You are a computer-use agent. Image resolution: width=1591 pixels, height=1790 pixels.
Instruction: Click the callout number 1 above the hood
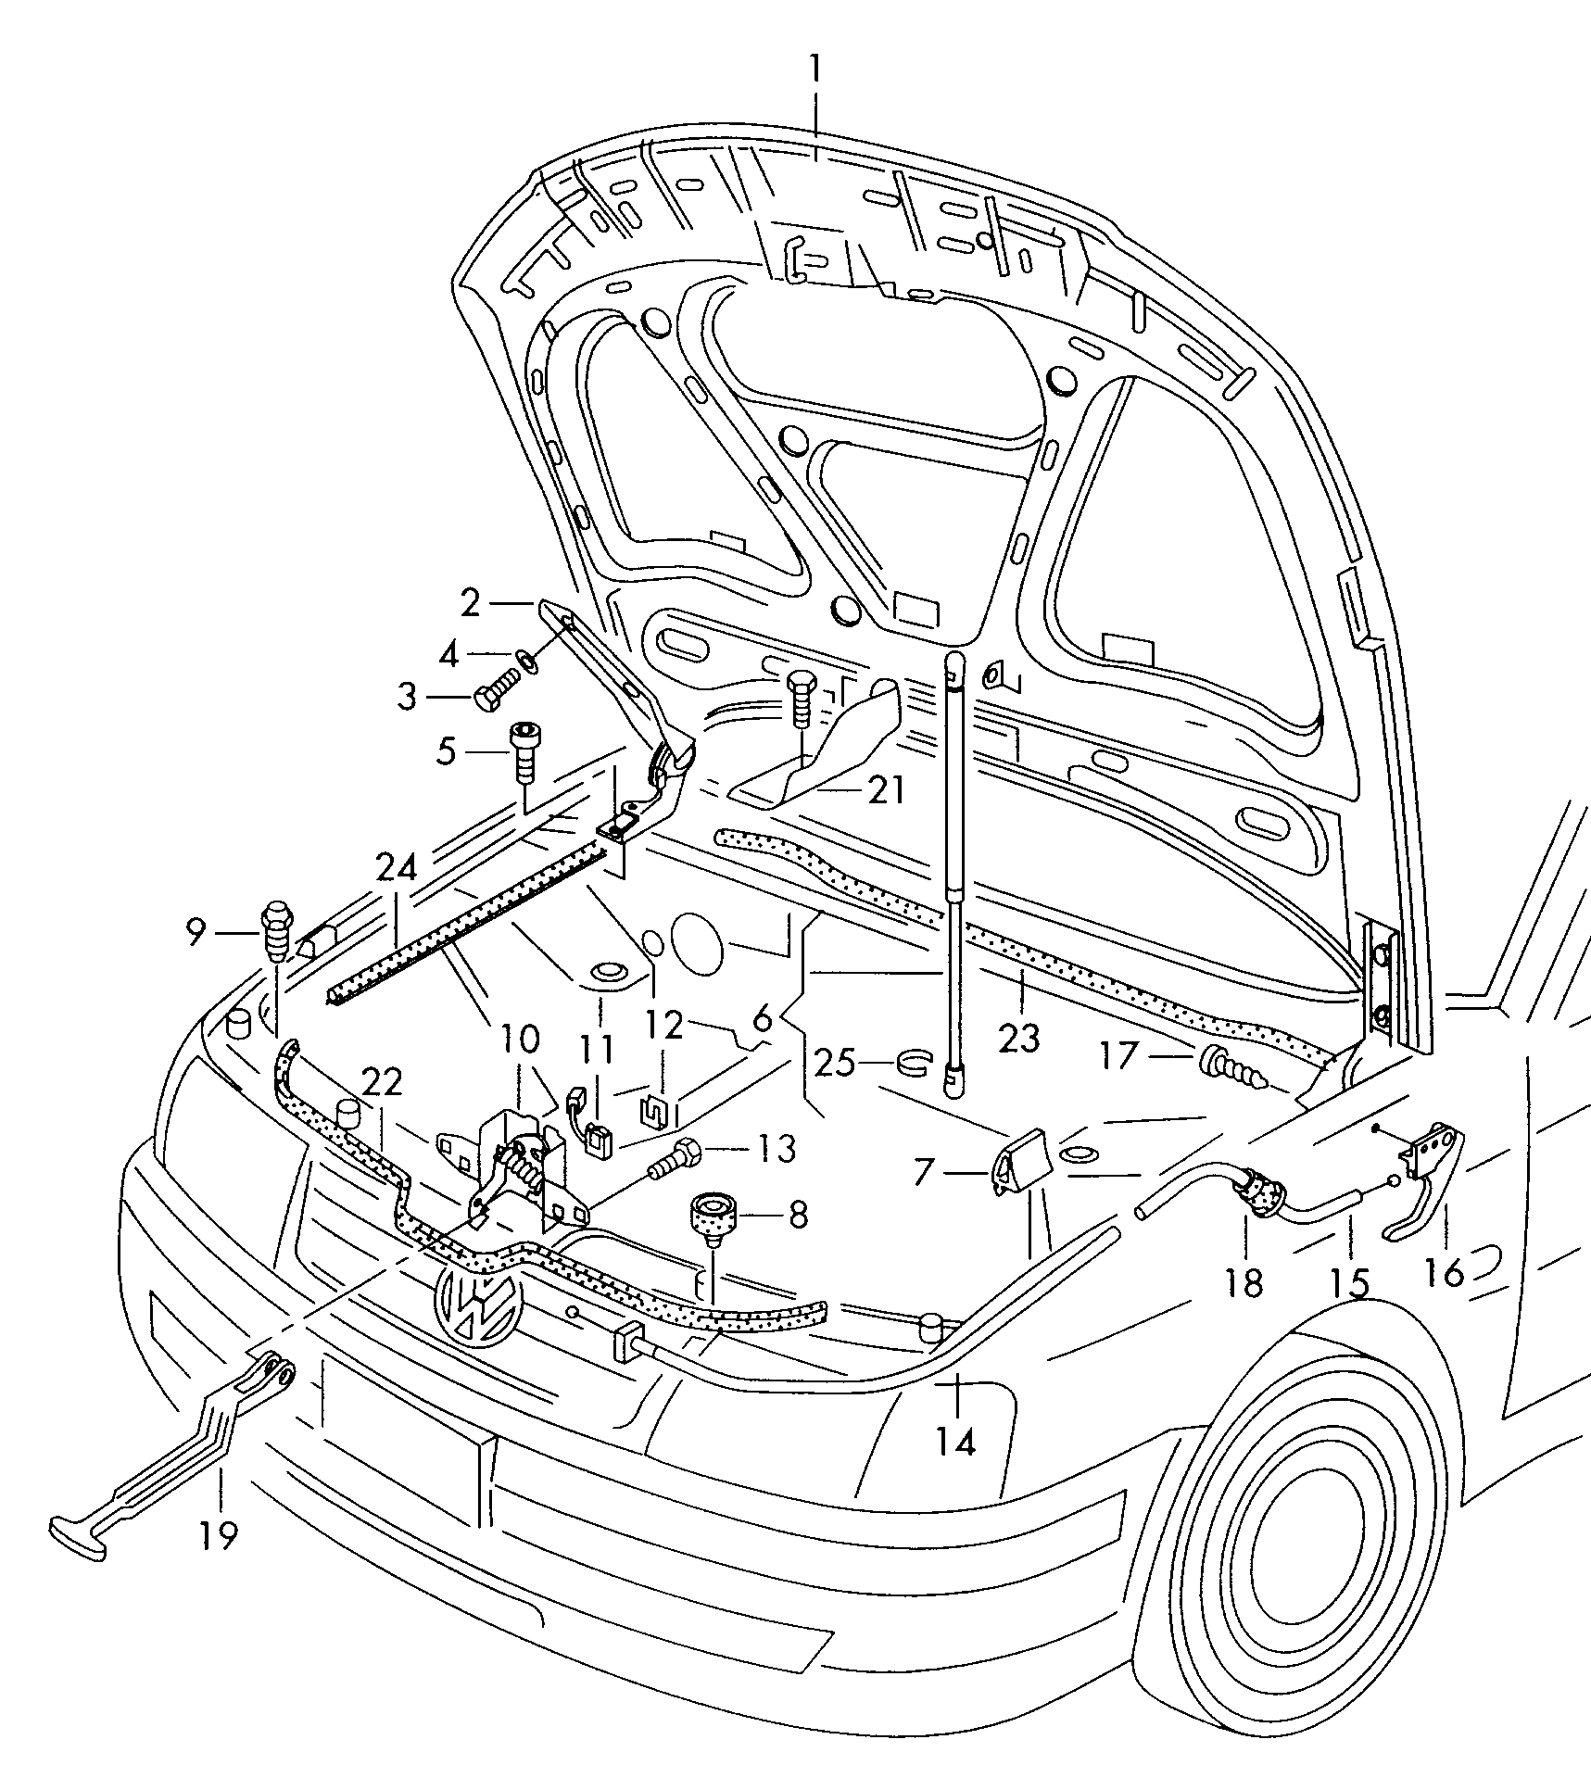pyautogui.click(x=815, y=70)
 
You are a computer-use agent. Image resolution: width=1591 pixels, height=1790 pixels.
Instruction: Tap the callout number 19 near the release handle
pyautogui.click(x=219, y=1535)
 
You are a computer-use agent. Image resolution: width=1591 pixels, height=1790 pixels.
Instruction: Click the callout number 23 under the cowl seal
pyautogui.click(x=1019, y=1038)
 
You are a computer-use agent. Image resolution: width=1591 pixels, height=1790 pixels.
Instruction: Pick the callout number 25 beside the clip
pyautogui.click(x=834, y=1063)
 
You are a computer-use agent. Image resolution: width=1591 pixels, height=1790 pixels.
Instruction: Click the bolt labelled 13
pyautogui.click(x=676, y=1159)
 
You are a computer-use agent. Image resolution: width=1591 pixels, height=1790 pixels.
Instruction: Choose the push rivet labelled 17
pyautogui.click(x=1231, y=1066)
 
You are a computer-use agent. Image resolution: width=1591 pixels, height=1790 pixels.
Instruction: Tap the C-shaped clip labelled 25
pyautogui.click(x=914, y=1063)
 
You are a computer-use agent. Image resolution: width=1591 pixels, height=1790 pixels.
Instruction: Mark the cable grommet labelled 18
pyautogui.click(x=1255, y=1197)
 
